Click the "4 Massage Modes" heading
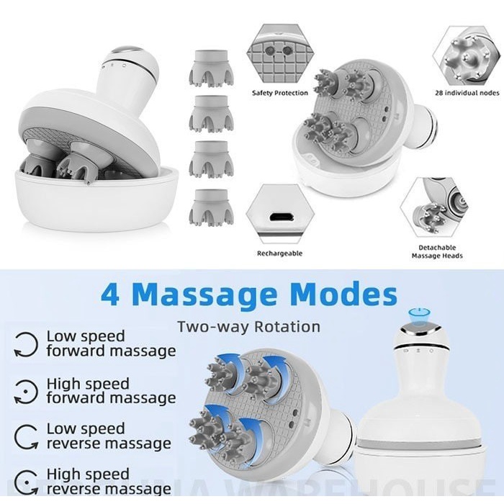(248, 294)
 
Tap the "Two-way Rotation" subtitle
(248, 327)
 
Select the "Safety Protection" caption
(279, 93)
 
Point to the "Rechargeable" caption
(279, 253)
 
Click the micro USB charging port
(280, 217)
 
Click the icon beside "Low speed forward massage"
(27, 344)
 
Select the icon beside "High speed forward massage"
(27, 391)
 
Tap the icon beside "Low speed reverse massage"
(27, 436)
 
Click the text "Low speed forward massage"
(110, 343)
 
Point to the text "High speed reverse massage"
(109, 482)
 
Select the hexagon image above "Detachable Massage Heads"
(436, 211)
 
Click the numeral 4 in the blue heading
(110, 295)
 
